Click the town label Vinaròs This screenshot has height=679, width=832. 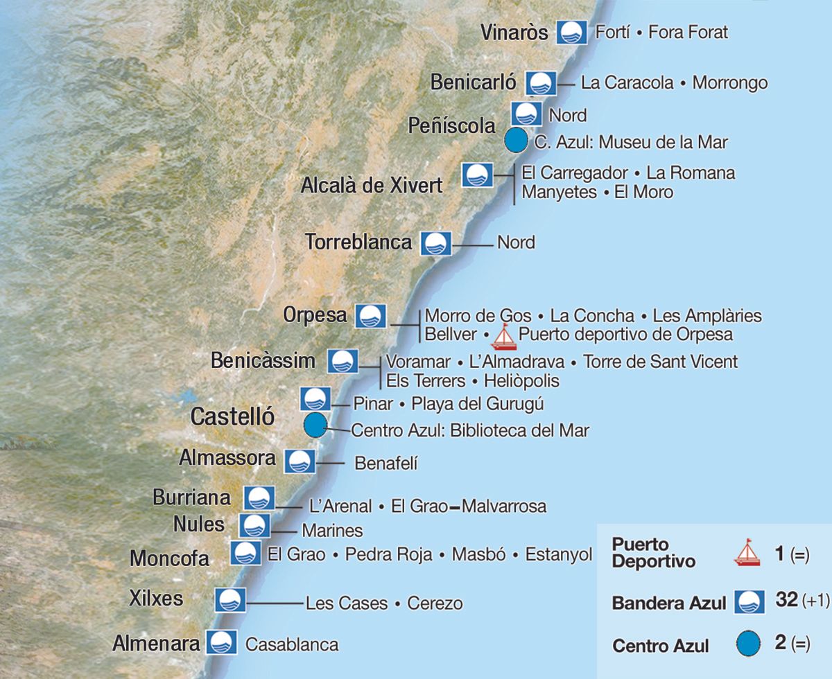[514, 33]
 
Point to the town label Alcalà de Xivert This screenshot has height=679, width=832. [372, 186]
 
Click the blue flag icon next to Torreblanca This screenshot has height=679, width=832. [437, 243]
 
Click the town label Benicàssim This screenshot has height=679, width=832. [263, 360]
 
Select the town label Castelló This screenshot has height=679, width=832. [232, 417]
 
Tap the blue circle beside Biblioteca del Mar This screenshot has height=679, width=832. [315, 425]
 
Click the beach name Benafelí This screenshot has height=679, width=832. [386, 464]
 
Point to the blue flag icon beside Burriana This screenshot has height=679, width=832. [259, 498]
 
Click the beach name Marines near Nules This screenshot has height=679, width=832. [332, 531]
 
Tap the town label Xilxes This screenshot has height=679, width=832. [157, 597]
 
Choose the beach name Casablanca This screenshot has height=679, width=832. [292, 644]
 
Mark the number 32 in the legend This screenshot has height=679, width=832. [787, 600]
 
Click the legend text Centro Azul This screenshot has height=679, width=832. [661, 646]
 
